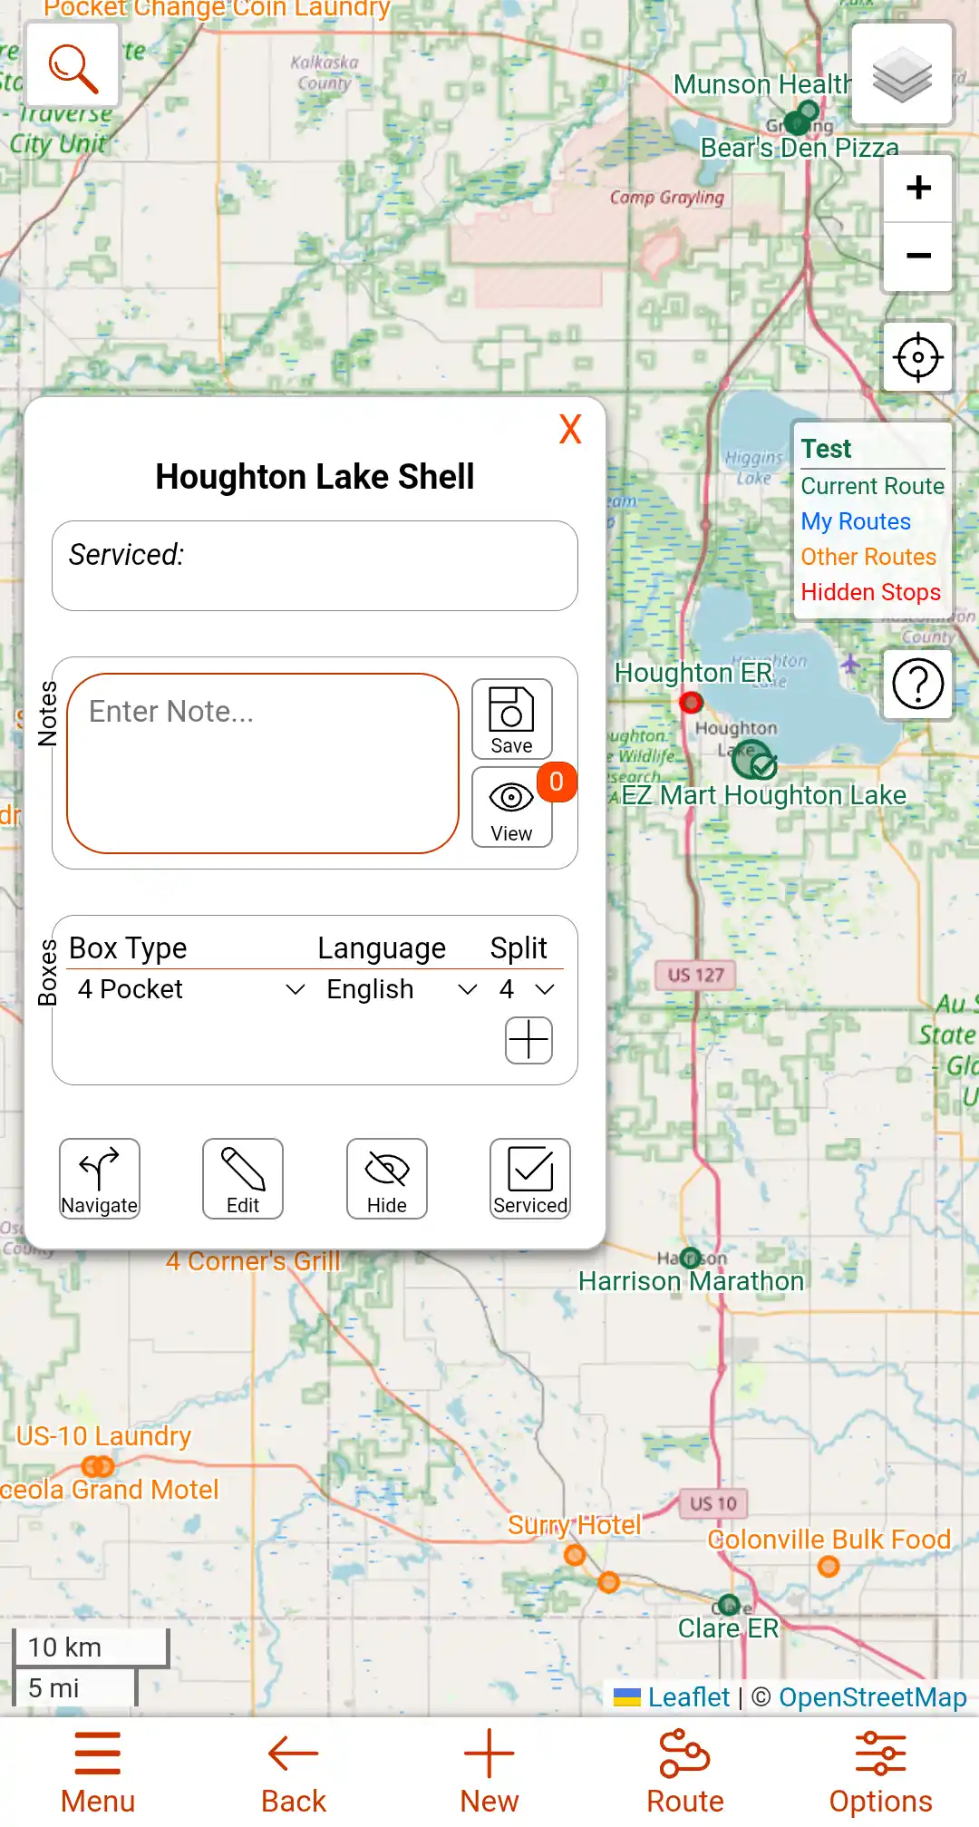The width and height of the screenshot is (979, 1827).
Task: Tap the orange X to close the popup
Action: (570, 429)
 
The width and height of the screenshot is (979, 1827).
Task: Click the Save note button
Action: (511, 719)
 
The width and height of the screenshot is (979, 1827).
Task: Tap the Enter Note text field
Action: (263, 763)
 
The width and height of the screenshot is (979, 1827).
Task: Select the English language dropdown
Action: (401, 989)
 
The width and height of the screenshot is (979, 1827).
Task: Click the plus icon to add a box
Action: (528, 1039)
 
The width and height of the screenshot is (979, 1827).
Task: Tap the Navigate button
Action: (100, 1178)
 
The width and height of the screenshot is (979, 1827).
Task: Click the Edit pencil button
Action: (243, 1178)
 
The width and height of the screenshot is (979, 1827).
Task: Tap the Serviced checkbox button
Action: (530, 1178)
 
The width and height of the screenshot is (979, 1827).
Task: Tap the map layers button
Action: (902, 73)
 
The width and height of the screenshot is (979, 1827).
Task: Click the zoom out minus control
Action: (918, 257)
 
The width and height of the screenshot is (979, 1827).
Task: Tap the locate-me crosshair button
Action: (918, 357)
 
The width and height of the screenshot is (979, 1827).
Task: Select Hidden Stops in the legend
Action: (870, 592)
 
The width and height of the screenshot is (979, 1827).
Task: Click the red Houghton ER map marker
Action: (692, 702)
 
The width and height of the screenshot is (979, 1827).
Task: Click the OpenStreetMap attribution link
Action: (872, 1697)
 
